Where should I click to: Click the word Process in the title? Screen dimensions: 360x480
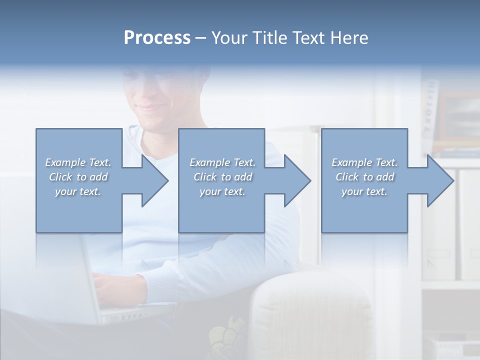[157, 38]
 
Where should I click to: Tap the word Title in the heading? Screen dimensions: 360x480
[269, 38]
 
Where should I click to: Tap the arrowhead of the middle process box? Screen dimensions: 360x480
[296, 180]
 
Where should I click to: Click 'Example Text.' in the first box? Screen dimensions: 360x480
[78, 162]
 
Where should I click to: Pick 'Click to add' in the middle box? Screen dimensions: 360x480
[222, 177]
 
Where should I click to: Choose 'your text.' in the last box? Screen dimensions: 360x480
[364, 191]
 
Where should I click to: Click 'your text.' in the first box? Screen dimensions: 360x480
[78, 191]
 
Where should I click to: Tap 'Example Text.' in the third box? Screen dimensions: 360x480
[364, 162]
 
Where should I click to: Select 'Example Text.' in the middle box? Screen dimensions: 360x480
[222, 162]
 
